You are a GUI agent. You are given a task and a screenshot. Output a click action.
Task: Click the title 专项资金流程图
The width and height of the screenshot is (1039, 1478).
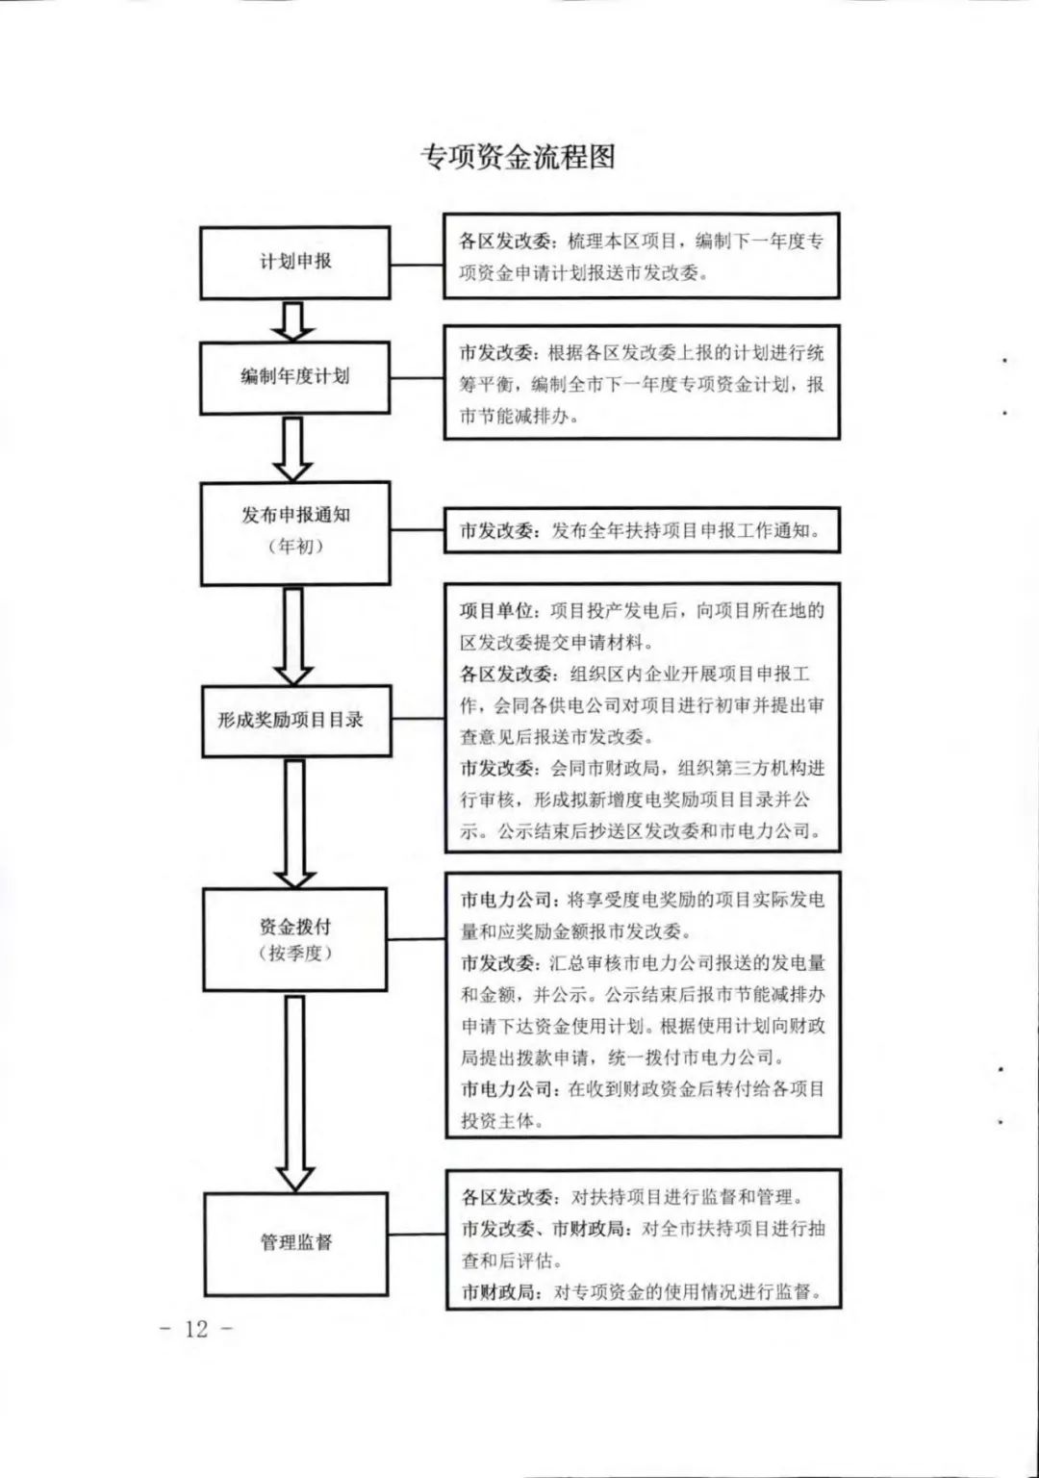(x=518, y=158)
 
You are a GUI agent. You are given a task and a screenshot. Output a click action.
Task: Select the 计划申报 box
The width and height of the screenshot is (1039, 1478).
(x=295, y=263)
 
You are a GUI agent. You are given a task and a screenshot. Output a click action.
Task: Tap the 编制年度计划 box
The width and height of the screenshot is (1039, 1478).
(x=295, y=377)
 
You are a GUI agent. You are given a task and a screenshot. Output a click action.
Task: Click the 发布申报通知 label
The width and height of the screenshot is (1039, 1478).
(x=295, y=516)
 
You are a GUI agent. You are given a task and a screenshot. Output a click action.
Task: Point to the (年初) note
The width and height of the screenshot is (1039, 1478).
(x=295, y=547)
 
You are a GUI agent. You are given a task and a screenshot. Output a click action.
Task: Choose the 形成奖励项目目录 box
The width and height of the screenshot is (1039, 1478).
(x=296, y=721)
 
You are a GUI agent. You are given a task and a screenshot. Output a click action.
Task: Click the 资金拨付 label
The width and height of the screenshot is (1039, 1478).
(x=295, y=927)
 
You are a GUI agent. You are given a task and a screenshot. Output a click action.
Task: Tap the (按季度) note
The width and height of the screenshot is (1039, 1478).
(x=295, y=955)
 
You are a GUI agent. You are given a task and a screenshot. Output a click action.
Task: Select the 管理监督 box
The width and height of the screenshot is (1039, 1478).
(x=296, y=1243)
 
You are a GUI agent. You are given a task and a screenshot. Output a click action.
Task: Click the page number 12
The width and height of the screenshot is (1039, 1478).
(x=196, y=1328)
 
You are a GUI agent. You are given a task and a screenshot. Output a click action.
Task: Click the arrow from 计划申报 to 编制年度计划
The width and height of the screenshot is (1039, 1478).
(x=292, y=321)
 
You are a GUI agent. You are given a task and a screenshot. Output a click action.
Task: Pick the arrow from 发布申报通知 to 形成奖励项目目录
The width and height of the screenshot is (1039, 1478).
(x=292, y=636)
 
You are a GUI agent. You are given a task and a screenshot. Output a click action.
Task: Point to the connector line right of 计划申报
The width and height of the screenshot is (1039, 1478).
(x=417, y=266)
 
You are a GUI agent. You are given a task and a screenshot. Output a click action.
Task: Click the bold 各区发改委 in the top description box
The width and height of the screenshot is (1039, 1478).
(x=505, y=242)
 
